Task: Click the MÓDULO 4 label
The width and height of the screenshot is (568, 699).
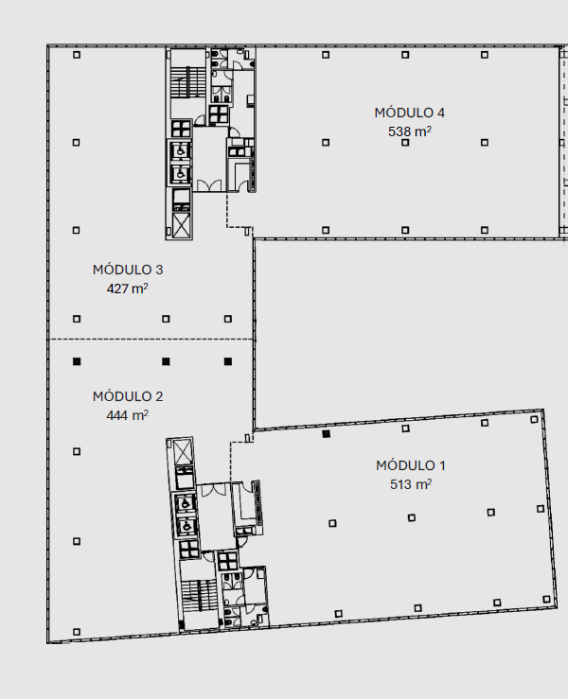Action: (x=410, y=113)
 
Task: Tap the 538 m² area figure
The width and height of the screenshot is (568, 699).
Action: (x=410, y=131)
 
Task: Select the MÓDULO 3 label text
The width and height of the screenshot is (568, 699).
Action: (x=128, y=270)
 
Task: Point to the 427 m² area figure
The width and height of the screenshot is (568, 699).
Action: (x=127, y=288)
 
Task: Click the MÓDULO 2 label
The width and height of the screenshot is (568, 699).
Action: (x=128, y=396)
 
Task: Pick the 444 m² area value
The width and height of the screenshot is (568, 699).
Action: (x=127, y=415)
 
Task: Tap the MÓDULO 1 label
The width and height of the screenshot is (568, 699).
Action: (x=411, y=465)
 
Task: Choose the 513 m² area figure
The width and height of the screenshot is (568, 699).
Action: (x=411, y=484)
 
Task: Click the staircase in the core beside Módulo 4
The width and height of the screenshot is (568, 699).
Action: (x=187, y=82)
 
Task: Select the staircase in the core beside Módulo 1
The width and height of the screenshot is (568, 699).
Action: (x=200, y=596)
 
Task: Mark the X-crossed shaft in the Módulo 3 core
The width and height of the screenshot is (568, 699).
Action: (x=181, y=225)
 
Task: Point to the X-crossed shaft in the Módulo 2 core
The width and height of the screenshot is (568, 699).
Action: (x=183, y=451)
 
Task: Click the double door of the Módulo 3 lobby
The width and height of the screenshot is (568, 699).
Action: (x=209, y=185)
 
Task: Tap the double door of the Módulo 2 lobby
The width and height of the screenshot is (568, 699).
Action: (x=214, y=490)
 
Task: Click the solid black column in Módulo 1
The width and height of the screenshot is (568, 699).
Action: (x=327, y=434)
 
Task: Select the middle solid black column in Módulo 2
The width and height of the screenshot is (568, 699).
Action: (x=166, y=361)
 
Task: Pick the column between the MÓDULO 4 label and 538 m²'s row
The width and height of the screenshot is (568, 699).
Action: (x=405, y=143)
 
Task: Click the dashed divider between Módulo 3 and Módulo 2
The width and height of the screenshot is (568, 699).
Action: (x=151, y=340)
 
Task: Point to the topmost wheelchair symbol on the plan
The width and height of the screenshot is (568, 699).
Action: (x=181, y=151)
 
